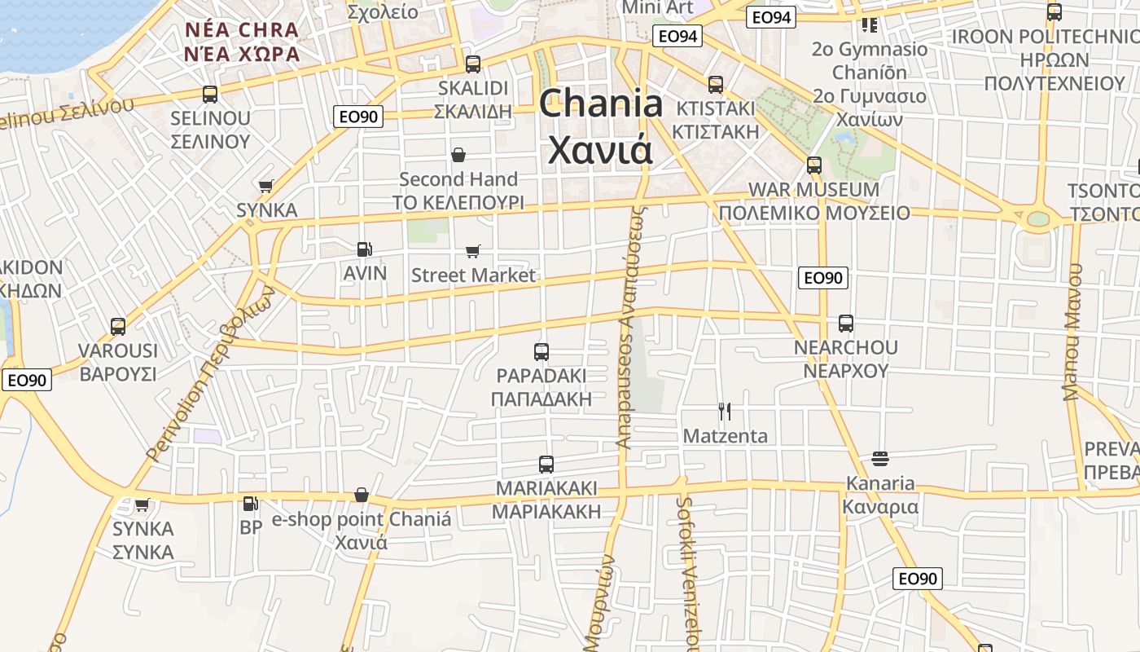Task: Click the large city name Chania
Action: [601, 104]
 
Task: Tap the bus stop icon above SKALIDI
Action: [473, 64]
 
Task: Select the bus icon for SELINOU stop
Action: [210, 94]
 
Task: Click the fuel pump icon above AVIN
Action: [365, 249]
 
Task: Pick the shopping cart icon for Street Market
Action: [473, 251]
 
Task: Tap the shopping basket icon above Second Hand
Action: [458, 155]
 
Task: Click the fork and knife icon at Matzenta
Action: [725, 412]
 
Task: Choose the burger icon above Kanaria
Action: [879, 458]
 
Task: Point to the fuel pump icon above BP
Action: [251, 504]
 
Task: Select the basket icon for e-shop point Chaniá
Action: [362, 495]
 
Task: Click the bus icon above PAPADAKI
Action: [541, 352]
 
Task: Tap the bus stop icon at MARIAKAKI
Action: [546, 465]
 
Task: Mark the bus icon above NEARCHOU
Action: [846, 324]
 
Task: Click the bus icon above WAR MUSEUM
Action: [813, 165]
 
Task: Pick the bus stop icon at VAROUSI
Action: [118, 327]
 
